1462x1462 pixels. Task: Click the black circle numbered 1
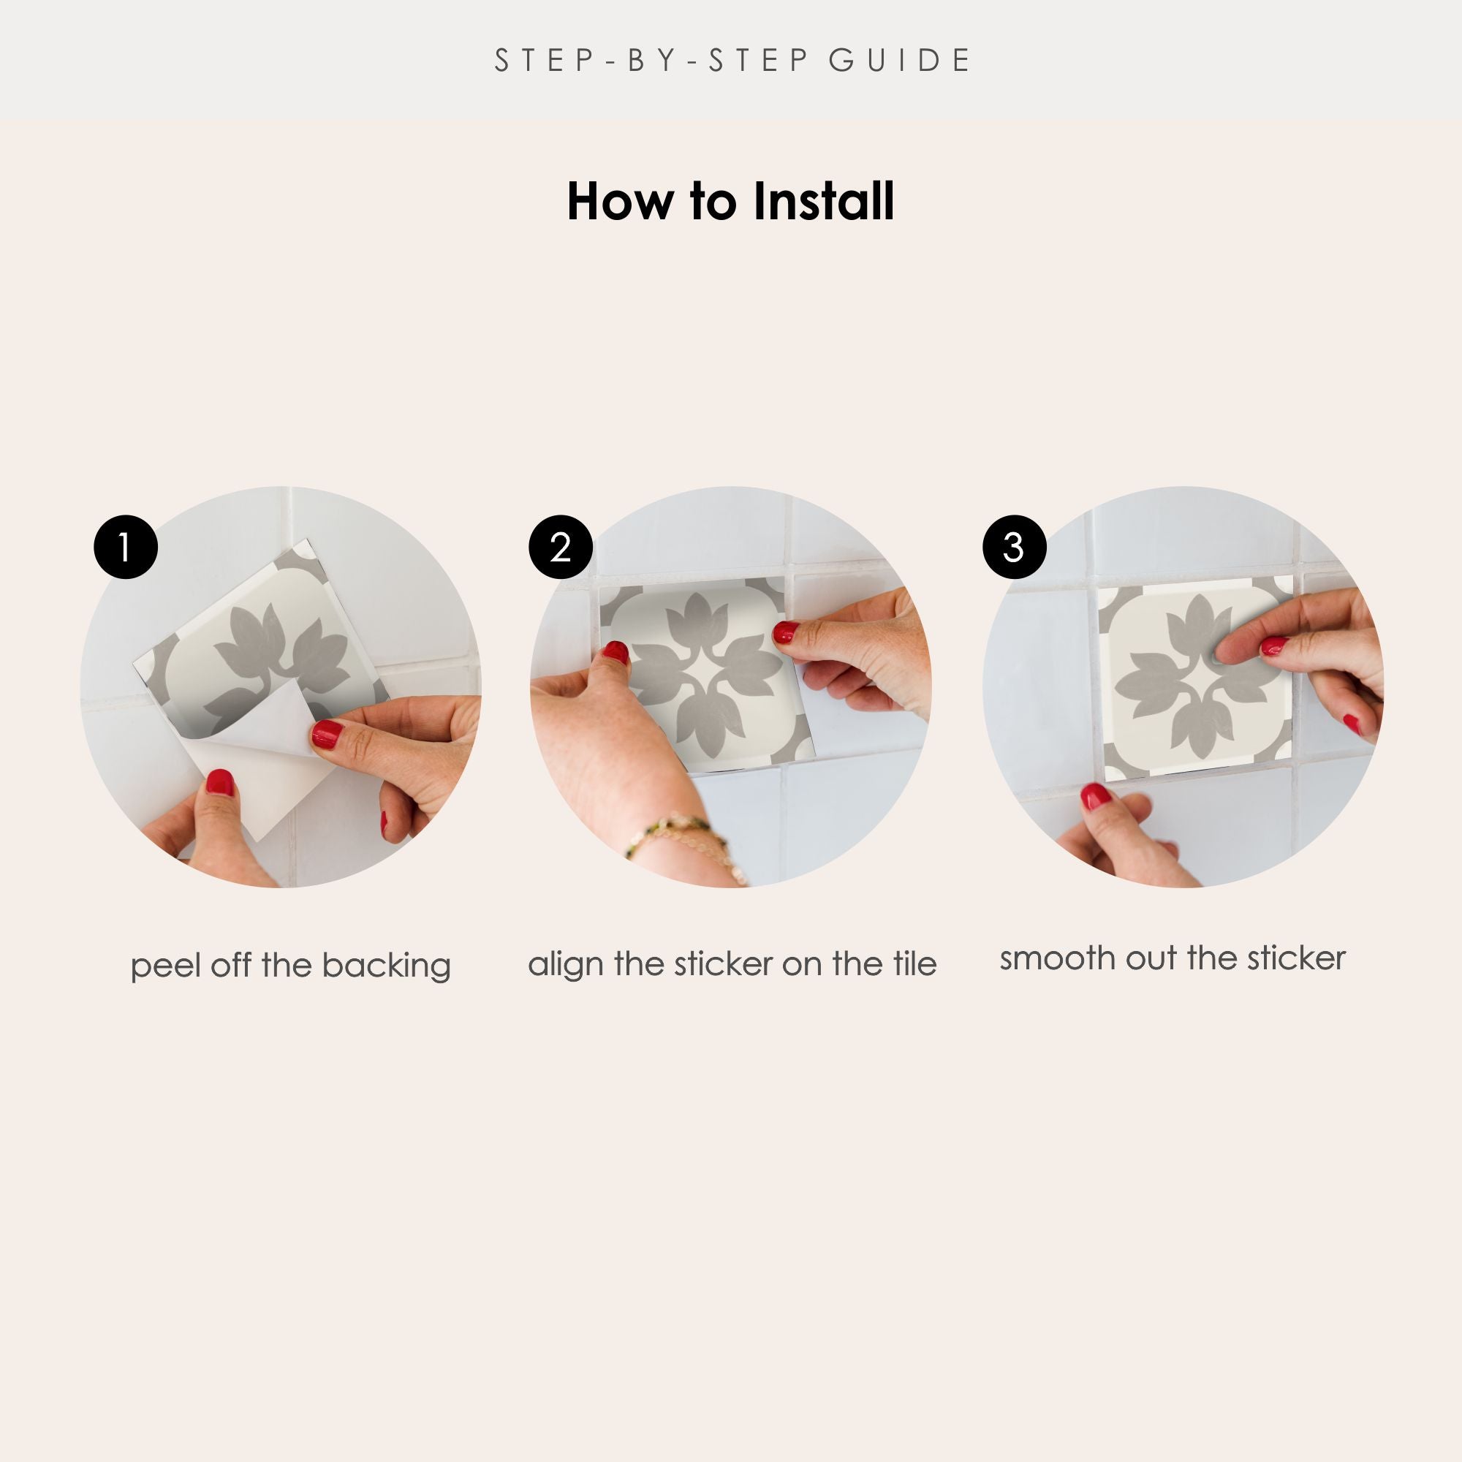point(126,547)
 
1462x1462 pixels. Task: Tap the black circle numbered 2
point(560,547)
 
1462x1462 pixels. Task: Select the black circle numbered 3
point(1014,547)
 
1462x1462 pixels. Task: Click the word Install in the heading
point(823,201)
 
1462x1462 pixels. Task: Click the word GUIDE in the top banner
point(899,61)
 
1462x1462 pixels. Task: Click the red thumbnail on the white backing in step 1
point(219,782)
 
